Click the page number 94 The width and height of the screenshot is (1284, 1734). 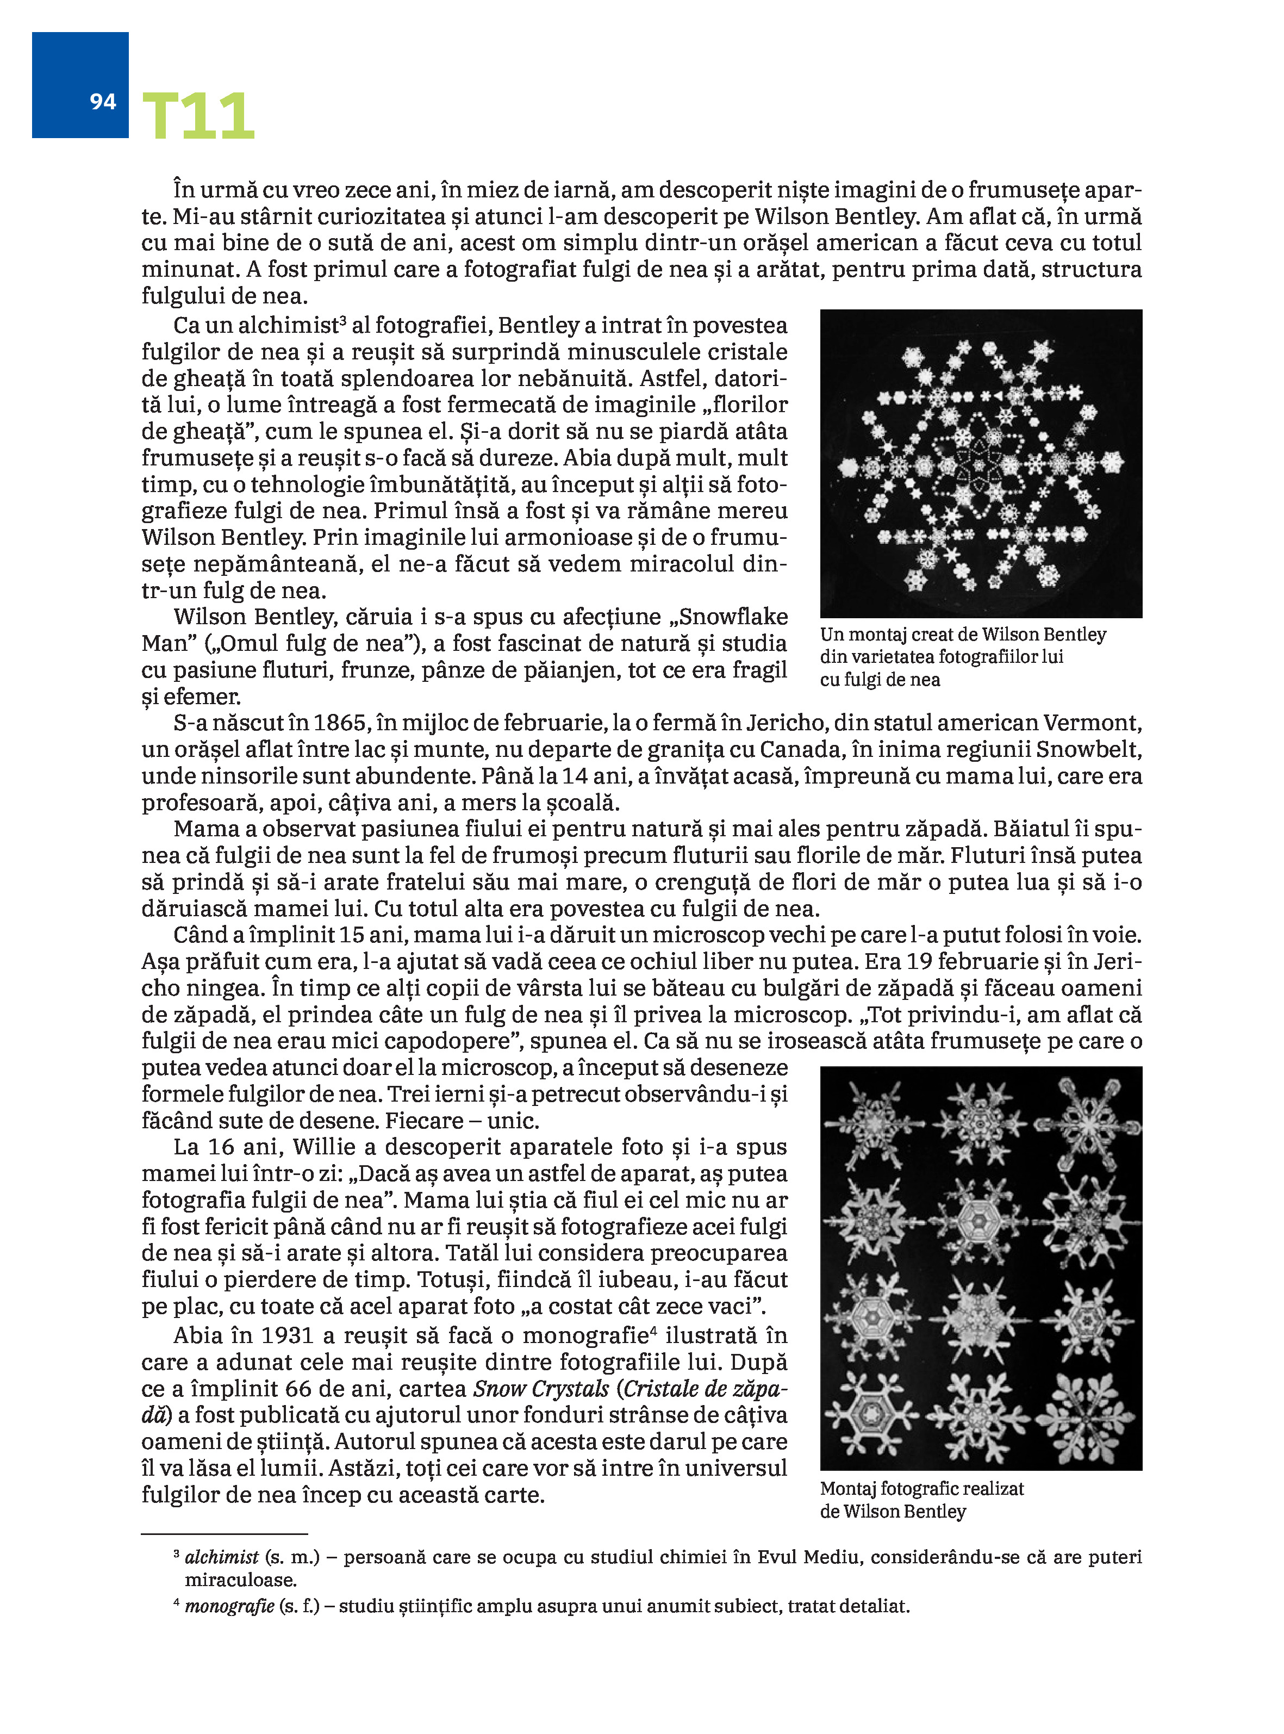pyautogui.click(x=103, y=102)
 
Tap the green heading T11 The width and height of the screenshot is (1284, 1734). pyautogui.click(x=198, y=116)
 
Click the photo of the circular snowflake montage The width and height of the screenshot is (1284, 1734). pyautogui.click(x=981, y=463)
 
